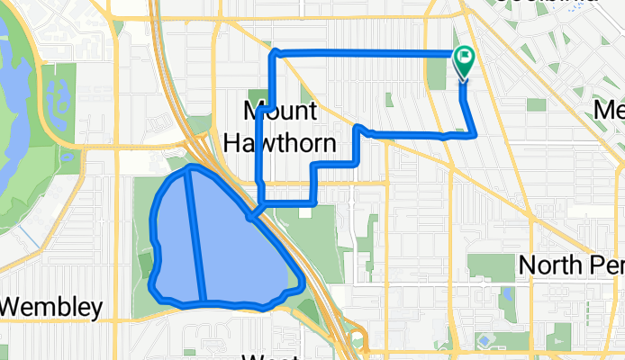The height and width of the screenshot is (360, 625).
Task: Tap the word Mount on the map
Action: point(281,112)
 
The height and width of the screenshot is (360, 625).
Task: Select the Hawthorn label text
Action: point(279,142)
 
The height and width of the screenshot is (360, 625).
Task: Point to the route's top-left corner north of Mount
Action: point(275,54)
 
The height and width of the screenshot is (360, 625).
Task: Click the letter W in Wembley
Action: point(12,307)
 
